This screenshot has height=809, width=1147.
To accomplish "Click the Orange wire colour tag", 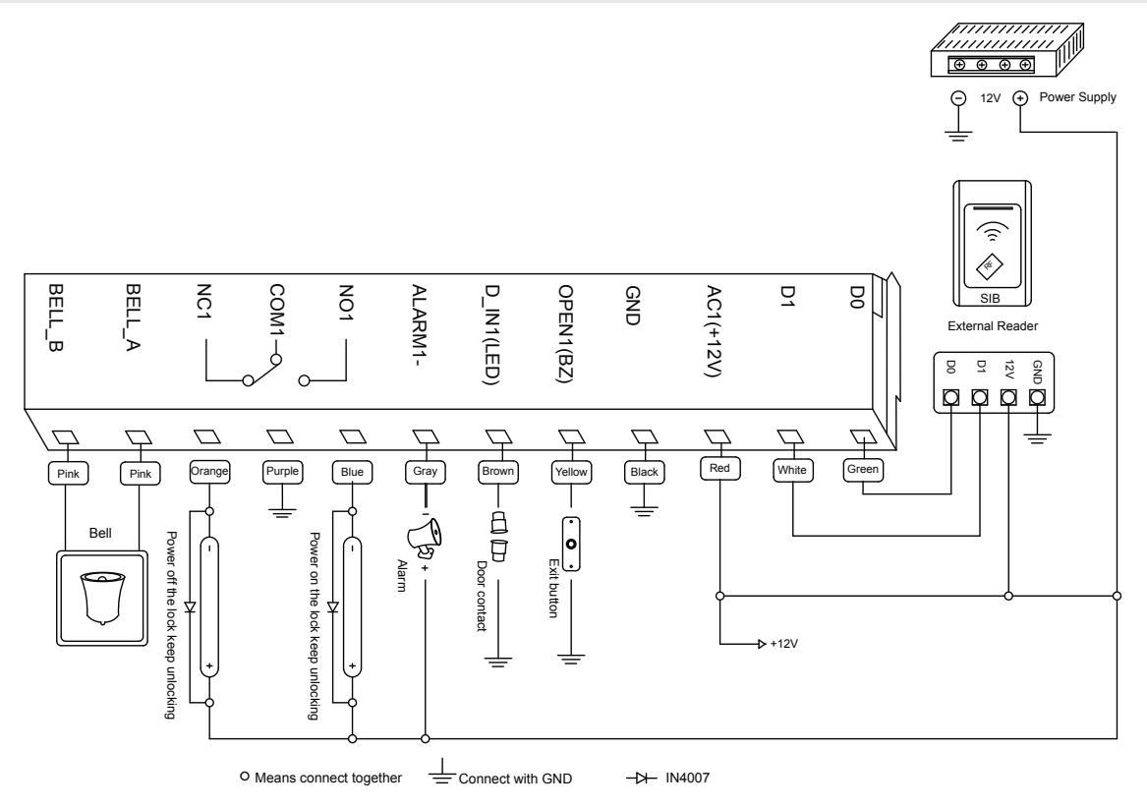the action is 209,471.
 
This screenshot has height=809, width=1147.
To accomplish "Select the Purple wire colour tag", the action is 282,471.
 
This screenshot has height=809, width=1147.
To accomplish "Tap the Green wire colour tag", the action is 862,470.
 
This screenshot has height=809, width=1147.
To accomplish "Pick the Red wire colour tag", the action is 719,468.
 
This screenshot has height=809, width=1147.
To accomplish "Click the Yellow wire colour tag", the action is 571,472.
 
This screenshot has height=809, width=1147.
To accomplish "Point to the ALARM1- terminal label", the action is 420,324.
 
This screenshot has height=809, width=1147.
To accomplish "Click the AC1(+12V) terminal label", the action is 714,331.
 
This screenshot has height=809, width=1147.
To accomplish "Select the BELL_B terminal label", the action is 56,318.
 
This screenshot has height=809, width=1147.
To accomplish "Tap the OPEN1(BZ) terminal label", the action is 565,333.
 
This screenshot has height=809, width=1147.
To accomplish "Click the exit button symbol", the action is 571,545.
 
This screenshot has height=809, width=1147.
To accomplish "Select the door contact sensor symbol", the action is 499,536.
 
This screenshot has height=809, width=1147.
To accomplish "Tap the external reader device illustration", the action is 992,244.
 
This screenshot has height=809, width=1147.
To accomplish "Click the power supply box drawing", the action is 1007,49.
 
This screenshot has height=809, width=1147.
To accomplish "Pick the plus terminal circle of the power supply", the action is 1020,98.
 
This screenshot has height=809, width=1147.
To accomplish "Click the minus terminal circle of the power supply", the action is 957,98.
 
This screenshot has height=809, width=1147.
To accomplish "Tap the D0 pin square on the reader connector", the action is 950,397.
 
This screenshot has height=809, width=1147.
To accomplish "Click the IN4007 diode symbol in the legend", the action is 641,779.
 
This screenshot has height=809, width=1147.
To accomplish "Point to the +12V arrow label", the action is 783,644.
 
